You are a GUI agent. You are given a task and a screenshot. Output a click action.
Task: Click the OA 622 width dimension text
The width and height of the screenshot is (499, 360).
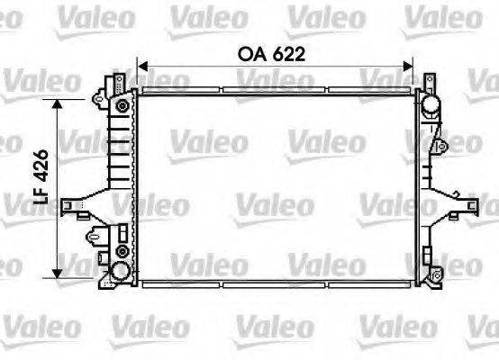(272, 54)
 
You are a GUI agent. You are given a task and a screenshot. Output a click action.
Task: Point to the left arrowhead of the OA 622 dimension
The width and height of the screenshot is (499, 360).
(142, 65)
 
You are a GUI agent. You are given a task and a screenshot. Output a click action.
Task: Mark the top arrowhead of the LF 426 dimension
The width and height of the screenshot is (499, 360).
(60, 104)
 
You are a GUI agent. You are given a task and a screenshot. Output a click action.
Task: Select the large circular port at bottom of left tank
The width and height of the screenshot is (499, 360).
(119, 273)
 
